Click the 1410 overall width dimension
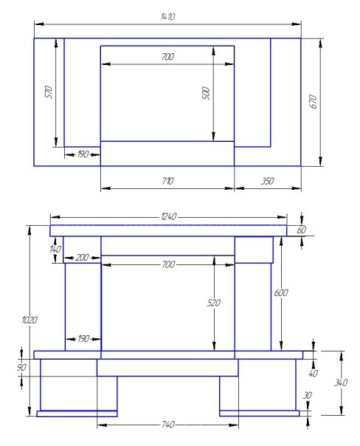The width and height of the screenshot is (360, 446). tap(167, 17)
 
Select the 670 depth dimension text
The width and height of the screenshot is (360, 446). tap(313, 101)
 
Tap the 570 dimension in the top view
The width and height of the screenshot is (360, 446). tap(49, 92)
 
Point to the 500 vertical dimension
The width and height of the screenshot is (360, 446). tap(206, 93)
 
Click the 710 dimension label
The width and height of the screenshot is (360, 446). tap(167, 181)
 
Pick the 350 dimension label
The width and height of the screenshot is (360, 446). tap(267, 181)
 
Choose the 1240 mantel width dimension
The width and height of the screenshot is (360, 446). tap(168, 216)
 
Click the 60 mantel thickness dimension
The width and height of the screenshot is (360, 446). tap(302, 230)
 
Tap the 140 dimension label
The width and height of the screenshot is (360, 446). tap(55, 249)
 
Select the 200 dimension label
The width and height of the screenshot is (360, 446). tap(82, 258)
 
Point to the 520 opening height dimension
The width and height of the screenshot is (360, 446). tap(214, 303)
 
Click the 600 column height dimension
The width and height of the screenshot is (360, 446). tap(281, 292)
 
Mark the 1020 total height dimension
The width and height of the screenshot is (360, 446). tap(30, 320)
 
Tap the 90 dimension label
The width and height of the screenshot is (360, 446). tap(21, 367)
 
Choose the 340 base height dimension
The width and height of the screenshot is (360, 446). tap(341, 382)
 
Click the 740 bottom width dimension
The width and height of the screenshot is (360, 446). tap(168, 425)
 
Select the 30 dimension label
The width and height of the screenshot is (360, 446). tap(308, 395)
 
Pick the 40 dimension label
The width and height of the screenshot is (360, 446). tap(313, 373)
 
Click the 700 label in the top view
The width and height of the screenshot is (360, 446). tap(167, 57)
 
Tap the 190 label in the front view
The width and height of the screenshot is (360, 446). tap(83, 339)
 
